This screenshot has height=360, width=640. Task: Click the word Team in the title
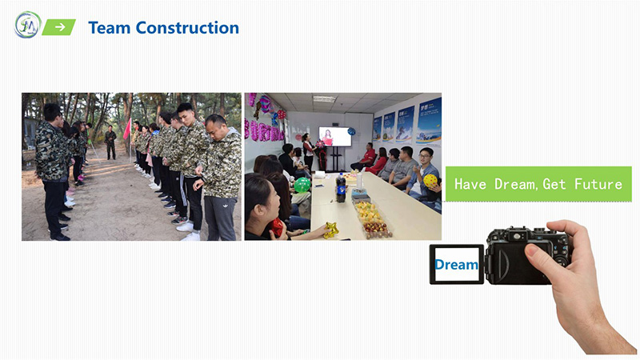(110, 28)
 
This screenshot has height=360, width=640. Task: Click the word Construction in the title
(187, 28)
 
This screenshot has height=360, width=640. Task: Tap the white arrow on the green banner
(60, 27)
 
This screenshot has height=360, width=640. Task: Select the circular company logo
(28, 25)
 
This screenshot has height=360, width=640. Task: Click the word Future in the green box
(598, 184)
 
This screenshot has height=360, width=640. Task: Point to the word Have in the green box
(470, 184)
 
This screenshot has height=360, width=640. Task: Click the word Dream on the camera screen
(456, 265)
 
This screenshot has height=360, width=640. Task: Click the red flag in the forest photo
(127, 129)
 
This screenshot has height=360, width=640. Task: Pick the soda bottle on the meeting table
(341, 187)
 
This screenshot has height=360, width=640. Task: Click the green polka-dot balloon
(302, 185)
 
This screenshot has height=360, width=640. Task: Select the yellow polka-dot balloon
(430, 181)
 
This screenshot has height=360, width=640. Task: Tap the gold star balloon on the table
(330, 230)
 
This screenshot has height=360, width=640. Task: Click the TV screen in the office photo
(335, 136)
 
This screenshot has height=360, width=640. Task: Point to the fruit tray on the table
(372, 219)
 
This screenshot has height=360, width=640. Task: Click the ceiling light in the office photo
(324, 98)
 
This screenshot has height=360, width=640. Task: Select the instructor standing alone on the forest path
(110, 142)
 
